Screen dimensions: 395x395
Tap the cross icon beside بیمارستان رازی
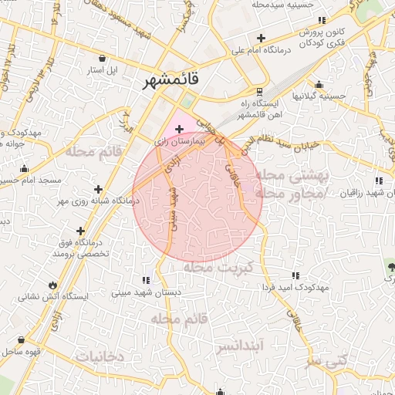[179, 130]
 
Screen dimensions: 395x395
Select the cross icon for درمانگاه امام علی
[261, 38]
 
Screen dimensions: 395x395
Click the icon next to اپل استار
[103, 57]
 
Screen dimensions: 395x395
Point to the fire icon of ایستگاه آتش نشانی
[52, 284]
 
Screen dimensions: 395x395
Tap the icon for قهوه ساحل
[21, 339]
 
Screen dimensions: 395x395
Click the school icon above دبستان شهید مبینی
[146, 280]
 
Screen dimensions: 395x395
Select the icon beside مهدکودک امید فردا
[295, 275]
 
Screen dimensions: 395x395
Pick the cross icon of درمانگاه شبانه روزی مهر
[98, 189]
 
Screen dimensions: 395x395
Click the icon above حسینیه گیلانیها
[319, 85]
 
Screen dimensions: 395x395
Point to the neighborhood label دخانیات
[100, 356]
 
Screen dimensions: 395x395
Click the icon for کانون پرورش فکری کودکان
[324, 22]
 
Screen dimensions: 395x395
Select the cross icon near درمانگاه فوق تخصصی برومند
[80, 230]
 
